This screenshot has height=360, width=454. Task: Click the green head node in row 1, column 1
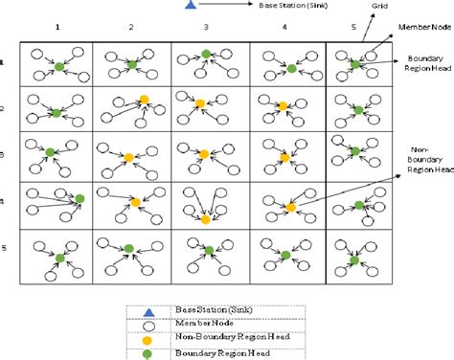pyautogui.click(x=59, y=66)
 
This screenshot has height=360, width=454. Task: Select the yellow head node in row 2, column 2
pyautogui.click(x=143, y=99)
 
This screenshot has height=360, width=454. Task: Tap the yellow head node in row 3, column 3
pyautogui.click(x=203, y=153)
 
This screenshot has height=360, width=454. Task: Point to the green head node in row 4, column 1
pyautogui.click(x=80, y=198)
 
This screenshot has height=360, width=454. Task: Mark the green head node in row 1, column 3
pyautogui.click(x=206, y=54)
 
